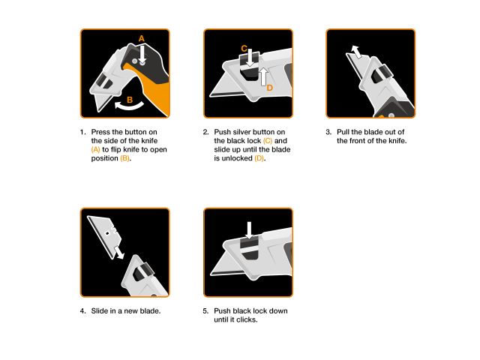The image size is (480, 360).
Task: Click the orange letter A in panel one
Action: [141, 37]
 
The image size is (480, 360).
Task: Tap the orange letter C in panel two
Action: [244, 48]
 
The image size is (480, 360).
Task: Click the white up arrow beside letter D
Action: [264, 75]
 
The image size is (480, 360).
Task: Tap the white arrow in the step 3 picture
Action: [356, 51]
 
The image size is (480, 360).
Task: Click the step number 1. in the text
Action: [82, 133]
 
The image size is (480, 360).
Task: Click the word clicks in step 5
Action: [248, 319]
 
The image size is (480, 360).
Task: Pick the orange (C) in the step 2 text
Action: [268, 141]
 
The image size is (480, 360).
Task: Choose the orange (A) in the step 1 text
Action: [97, 149]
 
